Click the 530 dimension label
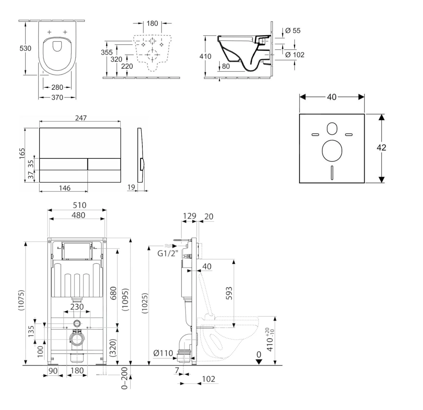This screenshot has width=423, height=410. click(25, 48)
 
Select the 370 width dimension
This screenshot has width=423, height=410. click(57, 97)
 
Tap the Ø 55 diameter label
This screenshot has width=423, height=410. click(293, 31)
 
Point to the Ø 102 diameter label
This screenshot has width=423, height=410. click(295, 55)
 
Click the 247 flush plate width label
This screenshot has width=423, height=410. click(81, 118)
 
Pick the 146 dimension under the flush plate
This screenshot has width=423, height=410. click(65, 188)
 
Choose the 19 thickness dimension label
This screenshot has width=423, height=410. click(131, 187)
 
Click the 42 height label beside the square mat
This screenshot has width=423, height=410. click(381, 147)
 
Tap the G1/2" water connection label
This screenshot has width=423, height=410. click(168, 253)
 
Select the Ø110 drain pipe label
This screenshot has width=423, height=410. click(163, 353)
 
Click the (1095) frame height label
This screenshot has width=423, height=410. click(125, 300)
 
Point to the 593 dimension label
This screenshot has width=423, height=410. click(229, 293)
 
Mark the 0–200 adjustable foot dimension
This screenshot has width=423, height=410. click(124, 378)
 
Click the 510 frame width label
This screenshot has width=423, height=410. click(80, 205)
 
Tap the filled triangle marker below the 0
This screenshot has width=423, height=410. click(259, 362)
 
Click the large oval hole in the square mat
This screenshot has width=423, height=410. click(332, 150)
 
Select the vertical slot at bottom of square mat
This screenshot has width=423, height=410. click(332, 172)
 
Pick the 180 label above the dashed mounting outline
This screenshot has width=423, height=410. click(152, 23)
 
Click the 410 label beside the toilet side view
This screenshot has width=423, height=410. click(205, 57)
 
